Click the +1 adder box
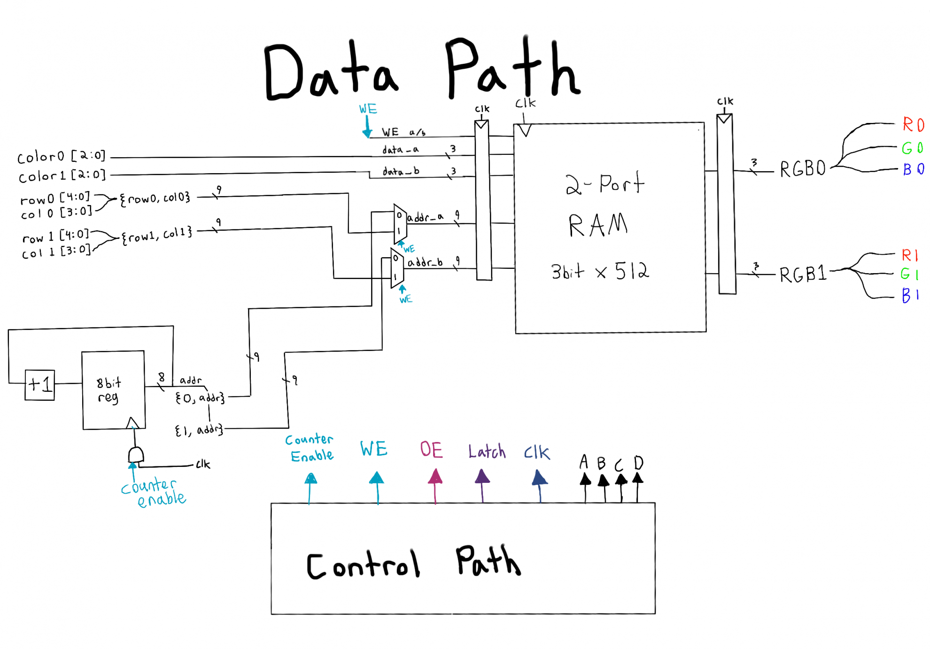click(39, 385)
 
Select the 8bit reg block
click(113, 390)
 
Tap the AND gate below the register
click(136, 455)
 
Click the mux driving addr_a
click(400, 223)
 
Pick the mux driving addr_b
click(397, 268)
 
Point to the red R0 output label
click(913, 125)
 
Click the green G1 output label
click(909, 274)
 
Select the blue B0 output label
click(913, 169)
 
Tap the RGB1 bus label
click(803, 274)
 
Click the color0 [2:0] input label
click(61, 156)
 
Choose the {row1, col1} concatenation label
click(156, 235)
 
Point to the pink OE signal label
click(431, 450)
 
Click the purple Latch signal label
click(487, 451)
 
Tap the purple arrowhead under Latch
click(482, 477)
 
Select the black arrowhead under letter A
click(585, 480)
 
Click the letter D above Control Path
click(638, 463)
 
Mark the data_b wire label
click(401, 171)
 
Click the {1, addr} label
click(199, 430)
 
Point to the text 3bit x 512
click(600, 271)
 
